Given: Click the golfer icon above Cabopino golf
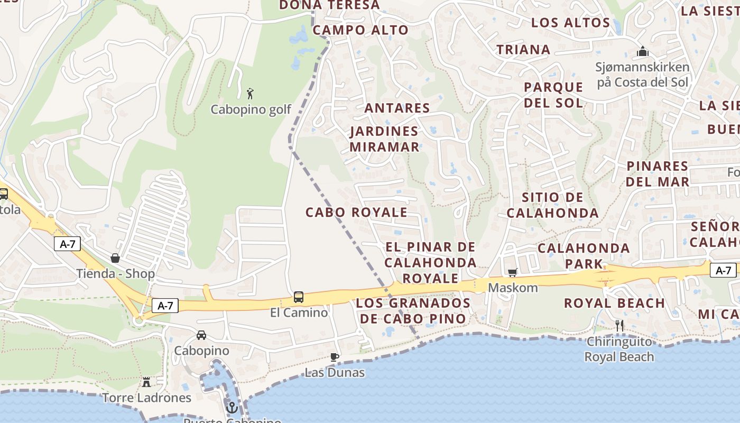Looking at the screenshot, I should click(251, 94).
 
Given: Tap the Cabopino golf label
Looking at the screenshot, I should click(251, 109).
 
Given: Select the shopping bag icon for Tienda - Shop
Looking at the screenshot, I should click(115, 258).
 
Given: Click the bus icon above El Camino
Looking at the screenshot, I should click(299, 297).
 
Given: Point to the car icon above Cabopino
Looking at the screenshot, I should click(201, 335).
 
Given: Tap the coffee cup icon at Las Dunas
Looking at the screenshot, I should click(334, 357).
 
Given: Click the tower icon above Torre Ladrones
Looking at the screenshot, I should click(146, 382).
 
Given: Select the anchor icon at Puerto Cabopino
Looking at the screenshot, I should click(232, 408).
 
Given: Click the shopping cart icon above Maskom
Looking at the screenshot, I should click(512, 273).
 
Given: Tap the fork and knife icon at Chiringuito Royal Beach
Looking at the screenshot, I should click(619, 326).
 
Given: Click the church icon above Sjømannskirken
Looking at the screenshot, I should click(643, 52).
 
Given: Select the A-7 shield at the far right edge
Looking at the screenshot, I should click(723, 271).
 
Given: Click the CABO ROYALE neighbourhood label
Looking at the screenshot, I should click(356, 213).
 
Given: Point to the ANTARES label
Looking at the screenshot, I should click(397, 108).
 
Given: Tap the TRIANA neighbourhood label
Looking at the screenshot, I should click(523, 50).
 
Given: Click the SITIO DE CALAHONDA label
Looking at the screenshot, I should click(552, 205).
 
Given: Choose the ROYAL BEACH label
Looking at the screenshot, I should click(614, 304).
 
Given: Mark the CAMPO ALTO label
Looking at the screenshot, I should click(360, 30).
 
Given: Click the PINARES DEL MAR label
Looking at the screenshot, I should click(658, 174).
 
